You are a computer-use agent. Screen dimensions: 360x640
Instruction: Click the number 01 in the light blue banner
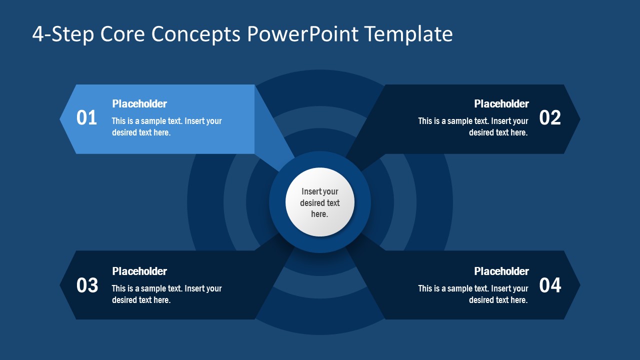pyautogui.click(x=86, y=118)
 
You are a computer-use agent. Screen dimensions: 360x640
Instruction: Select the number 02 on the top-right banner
pyautogui.click(x=550, y=118)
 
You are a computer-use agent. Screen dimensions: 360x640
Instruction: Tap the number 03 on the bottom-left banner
pyautogui.click(x=87, y=285)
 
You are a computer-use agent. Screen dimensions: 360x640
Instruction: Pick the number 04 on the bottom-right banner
pyautogui.click(x=550, y=285)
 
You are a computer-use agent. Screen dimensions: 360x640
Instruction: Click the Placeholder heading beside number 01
pyautogui.click(x=139, y=104)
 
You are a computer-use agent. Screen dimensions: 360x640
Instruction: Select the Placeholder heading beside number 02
pyautogui.click(x=501, y=104)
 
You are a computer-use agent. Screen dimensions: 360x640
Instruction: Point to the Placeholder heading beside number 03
pyautogui.click(x=139, y=271)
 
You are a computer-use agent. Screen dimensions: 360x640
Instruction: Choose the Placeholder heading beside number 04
pyautogui.click(x=501, y=271)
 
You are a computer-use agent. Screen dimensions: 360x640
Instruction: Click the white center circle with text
pyautogui.click(x=320, y=202)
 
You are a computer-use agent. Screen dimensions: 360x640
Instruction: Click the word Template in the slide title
pyautogui.click(x=408, y=34)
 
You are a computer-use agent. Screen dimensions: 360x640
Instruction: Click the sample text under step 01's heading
pyautogui.click(x=166, y=127)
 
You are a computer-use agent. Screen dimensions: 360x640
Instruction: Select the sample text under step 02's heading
pyautogui.click(x=473, y=127)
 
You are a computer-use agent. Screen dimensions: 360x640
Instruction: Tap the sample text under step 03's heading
pyautogui.click(x=166, y=294)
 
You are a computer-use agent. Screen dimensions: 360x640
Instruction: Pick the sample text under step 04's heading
pyautogui.click(x=473, y=294)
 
